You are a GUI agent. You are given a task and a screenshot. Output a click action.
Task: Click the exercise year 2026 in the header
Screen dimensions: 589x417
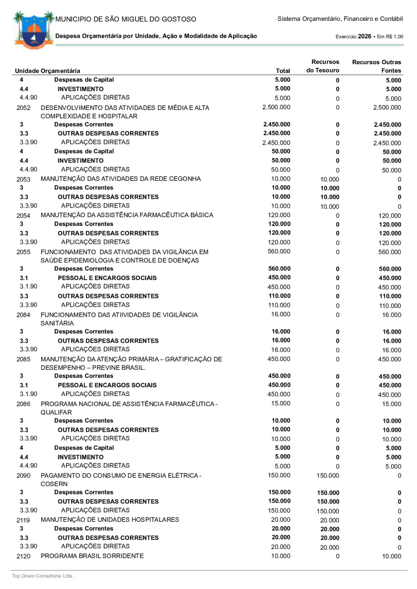364,36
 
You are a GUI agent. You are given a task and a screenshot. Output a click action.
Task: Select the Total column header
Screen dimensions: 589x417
283,71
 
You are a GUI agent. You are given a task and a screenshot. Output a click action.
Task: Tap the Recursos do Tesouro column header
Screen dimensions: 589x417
323,66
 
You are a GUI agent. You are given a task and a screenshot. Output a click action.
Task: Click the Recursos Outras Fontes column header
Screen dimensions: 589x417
377,66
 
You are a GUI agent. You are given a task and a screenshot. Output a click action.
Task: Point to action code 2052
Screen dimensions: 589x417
23,108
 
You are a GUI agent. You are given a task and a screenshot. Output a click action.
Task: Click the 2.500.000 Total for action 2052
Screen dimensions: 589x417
276,107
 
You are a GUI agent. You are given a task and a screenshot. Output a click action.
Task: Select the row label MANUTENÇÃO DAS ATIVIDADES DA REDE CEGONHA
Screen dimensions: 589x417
121,179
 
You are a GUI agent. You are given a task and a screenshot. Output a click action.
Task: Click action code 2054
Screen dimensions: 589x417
23,216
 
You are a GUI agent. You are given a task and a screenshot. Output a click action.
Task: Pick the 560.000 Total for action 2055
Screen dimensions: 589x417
279,251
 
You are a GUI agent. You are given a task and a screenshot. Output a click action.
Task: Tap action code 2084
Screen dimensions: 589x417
23,315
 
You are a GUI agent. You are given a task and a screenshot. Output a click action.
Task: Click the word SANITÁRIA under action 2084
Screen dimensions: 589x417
57,323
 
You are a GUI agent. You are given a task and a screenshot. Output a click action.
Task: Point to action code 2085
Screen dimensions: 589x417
23,359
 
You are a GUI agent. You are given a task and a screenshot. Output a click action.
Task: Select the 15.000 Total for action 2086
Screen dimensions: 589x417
281,404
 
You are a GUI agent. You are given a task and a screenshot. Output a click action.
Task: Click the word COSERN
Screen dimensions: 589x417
54,484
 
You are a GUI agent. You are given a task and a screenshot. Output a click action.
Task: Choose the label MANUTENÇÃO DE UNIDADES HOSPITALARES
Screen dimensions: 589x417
110,520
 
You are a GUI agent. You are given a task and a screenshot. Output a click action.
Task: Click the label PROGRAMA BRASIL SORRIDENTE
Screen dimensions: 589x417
92,556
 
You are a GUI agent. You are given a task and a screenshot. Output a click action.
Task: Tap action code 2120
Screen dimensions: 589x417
23,556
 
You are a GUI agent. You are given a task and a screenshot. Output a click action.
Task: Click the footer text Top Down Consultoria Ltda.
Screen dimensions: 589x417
43,576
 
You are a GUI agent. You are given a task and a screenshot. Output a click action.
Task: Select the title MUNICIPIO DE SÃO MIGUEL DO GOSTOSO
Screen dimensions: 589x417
126,19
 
